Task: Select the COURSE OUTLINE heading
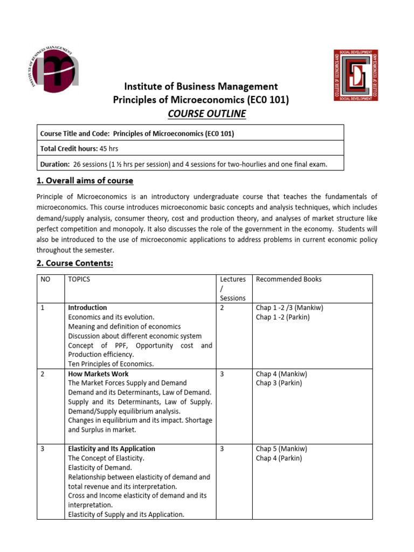[x=208, y=114]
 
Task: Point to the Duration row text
[x=184, y=164]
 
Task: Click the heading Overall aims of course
[x=85, y=181]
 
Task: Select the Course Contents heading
[x=75, y=264]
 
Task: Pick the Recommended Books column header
[x=288, y=279]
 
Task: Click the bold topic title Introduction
[x=87, y=308]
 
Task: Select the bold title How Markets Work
[x=98, y=374]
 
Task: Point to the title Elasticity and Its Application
[x=111, y=448]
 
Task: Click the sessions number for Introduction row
[x=223, y=308]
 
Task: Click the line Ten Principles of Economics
[x=111, y=364]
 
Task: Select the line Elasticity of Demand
[x=100, y=467]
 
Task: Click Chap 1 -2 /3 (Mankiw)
[x=289, y=308]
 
